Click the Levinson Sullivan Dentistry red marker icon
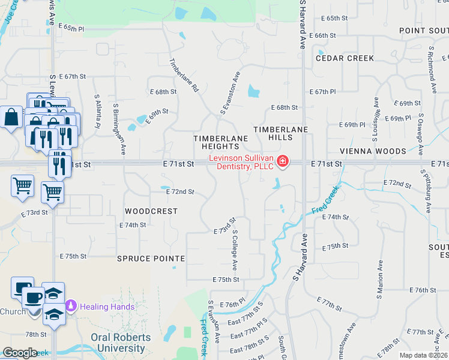[282, 162]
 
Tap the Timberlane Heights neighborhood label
[220, 142]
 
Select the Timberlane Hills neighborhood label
[280, 133]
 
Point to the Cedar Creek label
[345, 58]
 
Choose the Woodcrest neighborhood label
[151, 211]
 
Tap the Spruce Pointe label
[151, 259]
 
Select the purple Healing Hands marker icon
[71, 306]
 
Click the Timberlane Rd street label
[184, 74]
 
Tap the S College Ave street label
[235, 248]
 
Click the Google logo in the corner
[20, 353]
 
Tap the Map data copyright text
[424, 355]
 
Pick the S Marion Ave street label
[380, 280]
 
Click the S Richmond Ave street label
[432, 70]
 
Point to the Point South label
[424, 30]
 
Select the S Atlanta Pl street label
[97, 111]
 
